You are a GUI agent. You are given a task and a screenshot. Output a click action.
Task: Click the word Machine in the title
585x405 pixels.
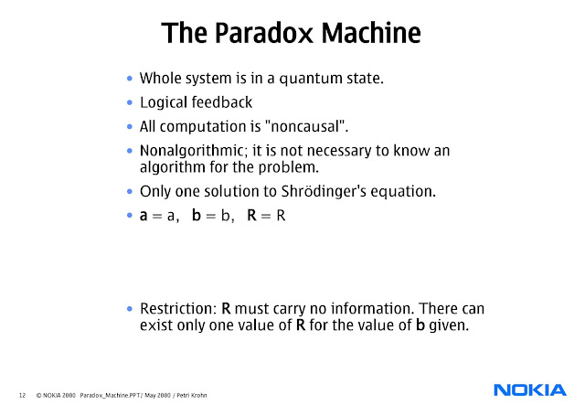click(369, 35)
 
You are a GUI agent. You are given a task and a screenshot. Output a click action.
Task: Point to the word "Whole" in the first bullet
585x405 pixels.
click(160, 79)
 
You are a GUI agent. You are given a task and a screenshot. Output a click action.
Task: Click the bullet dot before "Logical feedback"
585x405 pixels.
click(130, 103)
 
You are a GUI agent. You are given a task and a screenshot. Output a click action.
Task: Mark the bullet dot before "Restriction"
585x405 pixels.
click(130, 308)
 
